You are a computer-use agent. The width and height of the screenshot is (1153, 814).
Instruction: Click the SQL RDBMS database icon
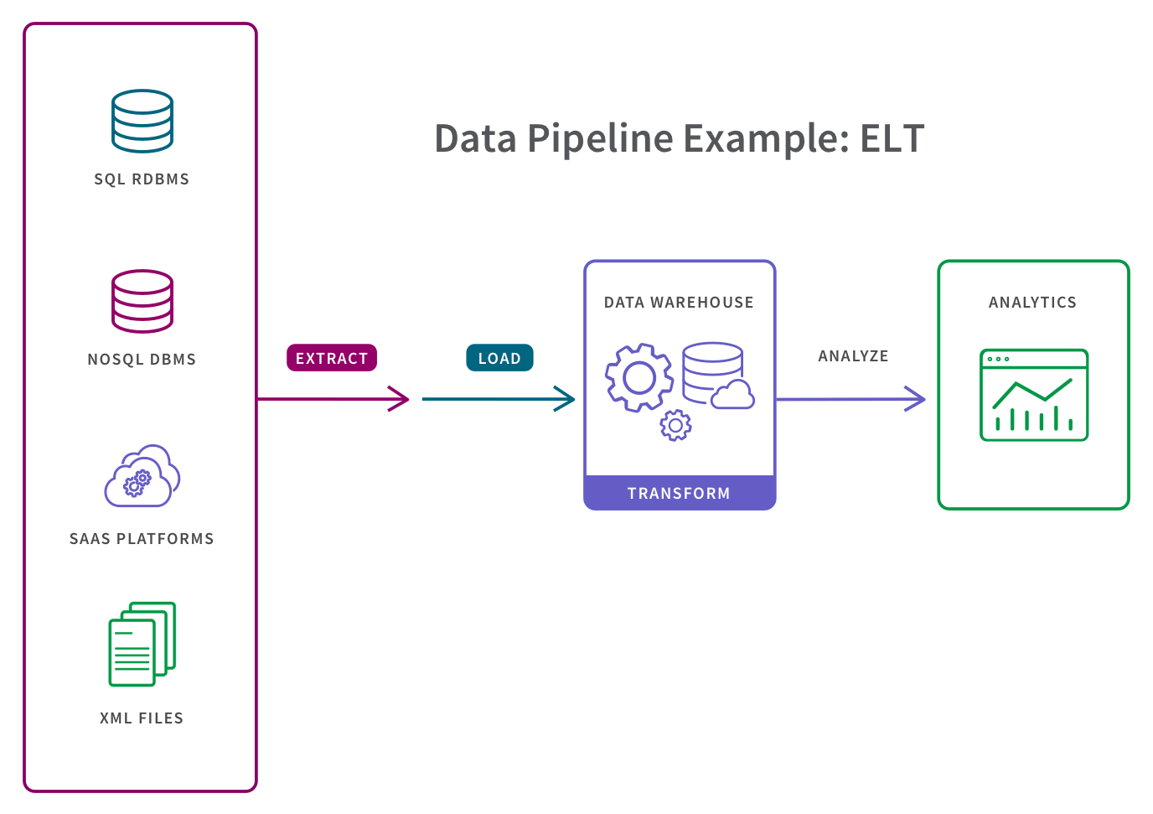click(142, 122)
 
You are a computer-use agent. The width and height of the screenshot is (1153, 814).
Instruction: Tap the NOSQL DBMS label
click(142, 359)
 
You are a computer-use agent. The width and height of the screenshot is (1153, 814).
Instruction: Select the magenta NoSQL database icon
click(142, 301)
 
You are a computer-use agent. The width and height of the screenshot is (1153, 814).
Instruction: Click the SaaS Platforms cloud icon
click(142, 476)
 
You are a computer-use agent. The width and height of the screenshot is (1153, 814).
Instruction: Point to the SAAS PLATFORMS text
click(142, 538)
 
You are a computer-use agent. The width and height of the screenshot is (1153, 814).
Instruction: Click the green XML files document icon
click(142, 644)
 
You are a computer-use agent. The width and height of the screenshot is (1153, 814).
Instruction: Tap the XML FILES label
click(142, 718)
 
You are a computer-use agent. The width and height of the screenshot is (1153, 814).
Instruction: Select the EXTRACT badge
click(332, 358)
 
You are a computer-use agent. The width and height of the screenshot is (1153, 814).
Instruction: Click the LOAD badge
click(499, 358)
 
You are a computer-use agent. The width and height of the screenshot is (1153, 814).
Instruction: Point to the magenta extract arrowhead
click(401, 399)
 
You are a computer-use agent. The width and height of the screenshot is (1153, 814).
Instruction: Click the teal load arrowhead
click(566, 399)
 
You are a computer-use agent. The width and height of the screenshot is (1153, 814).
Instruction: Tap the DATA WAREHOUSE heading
click(679, 302)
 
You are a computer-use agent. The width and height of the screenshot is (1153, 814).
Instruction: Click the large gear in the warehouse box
click(639, 377)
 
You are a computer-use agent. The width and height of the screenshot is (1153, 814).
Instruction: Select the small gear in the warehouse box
click(675, 425)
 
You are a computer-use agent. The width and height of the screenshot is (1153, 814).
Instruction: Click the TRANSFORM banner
click(679, 493)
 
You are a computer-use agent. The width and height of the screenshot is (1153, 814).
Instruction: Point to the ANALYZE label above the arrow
click(853, 355)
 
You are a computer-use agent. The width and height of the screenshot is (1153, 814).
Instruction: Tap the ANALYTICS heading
click(1032, 302)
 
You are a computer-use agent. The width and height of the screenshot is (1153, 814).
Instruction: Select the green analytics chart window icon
click(1034, 395)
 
